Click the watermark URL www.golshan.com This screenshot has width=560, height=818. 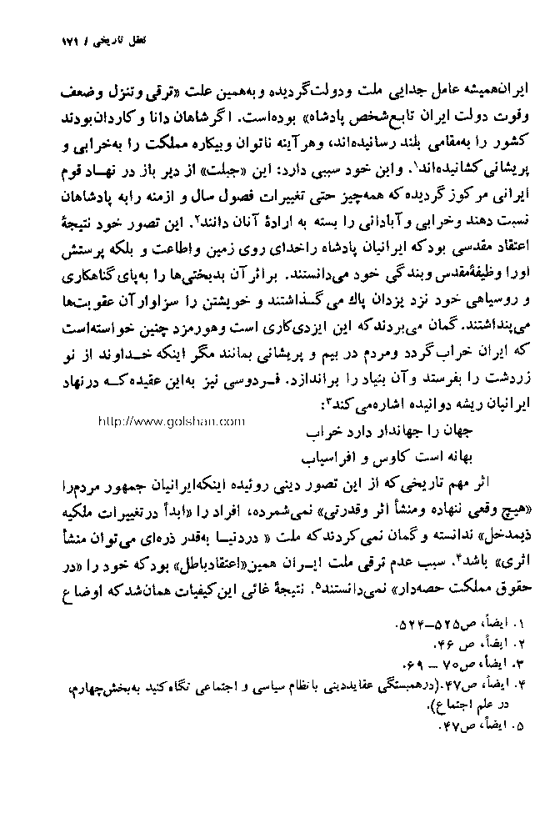(x=171, y=421)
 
